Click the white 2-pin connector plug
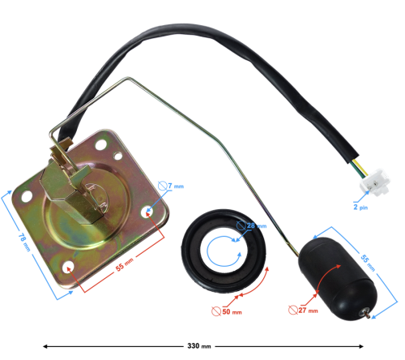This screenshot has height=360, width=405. (x=375, y=182)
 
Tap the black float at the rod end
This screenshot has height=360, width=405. (x=338, y=278)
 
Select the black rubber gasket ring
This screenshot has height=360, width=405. (x=224, y=251)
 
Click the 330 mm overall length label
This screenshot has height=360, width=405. (x=199, y=346)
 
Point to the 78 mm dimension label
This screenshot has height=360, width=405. (x=24, y=242)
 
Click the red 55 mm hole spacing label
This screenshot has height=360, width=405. (x=125, y=265)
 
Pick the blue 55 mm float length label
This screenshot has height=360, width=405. (x=368, y=263)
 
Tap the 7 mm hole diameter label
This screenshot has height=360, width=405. (x=171, y=186)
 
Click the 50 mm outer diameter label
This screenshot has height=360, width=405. (x=227, y=311)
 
